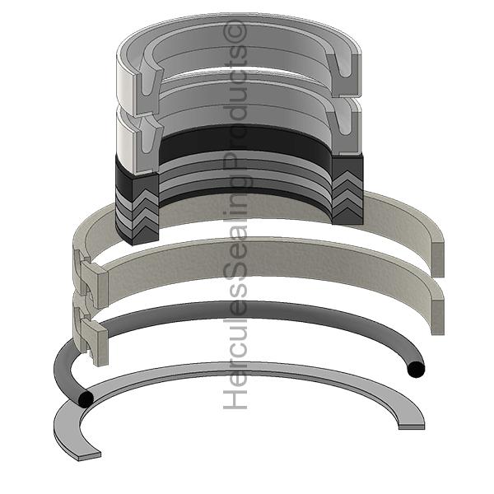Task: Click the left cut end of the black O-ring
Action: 84,400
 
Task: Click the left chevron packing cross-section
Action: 136,206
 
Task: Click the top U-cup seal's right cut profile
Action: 350,74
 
